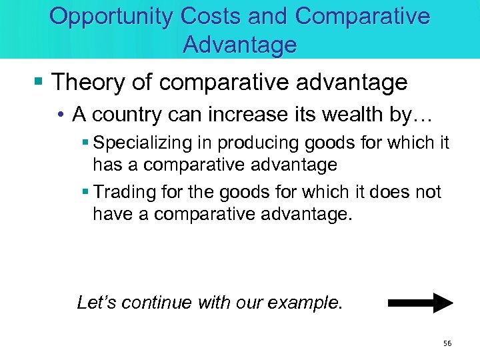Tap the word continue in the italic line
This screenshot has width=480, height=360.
pyautogui.click(x=155, y=302)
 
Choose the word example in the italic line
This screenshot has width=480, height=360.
pyautogui.click(x=307, y=303)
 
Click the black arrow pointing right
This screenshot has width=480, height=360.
pyautogui.click(x=420, y=303)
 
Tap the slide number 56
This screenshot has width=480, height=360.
pyautogui.click(x=447, y=343)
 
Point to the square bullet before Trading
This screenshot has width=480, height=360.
pyautogui.click(x=87, y=193)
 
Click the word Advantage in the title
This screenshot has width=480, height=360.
pyautogui.click(x=239, y=45)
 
